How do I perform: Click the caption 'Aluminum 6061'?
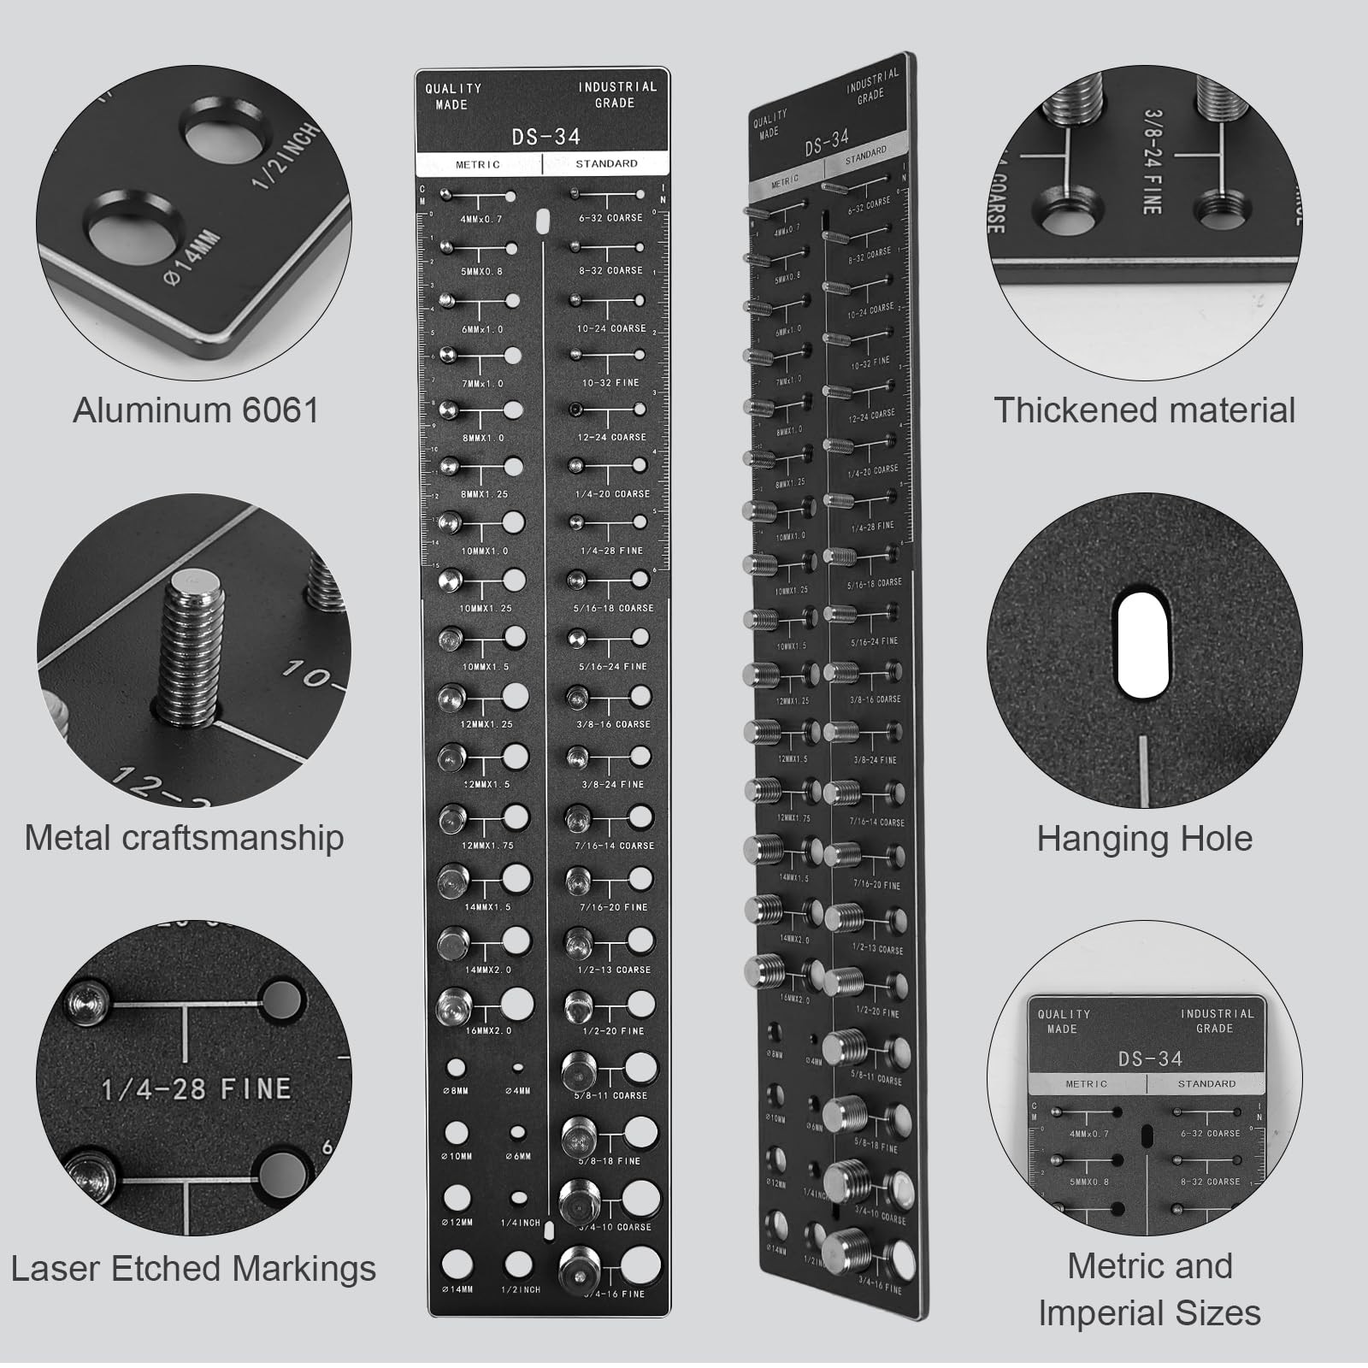tap(196, 410)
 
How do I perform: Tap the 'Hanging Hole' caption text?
tap(1144, 839)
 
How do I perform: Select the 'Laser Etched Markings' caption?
tap(193, 1268)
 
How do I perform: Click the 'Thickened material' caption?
tap(1144, 410)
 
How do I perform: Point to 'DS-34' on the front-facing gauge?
tap(545, 137)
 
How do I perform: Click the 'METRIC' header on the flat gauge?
tap(478, 164)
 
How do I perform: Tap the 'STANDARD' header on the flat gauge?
tap(606, 163)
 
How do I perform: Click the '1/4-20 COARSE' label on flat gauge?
tap(612, 494)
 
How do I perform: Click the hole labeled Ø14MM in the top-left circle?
tap(133, 233)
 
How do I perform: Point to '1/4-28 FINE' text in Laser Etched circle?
tap(196, 1088)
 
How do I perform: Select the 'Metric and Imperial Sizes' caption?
tap(1149, 1288)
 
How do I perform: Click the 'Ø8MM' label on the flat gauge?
tap(457, 1091)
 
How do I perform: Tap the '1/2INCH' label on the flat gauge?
tap(520, 1289)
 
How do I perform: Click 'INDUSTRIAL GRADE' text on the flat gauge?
tap(616, 95)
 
